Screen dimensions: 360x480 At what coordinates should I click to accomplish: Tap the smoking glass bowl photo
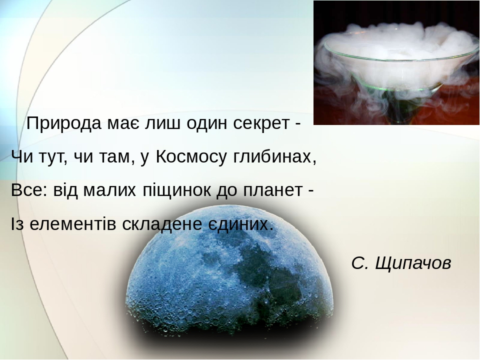pos(396,62)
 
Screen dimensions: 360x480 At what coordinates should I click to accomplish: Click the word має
pos(120,123)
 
